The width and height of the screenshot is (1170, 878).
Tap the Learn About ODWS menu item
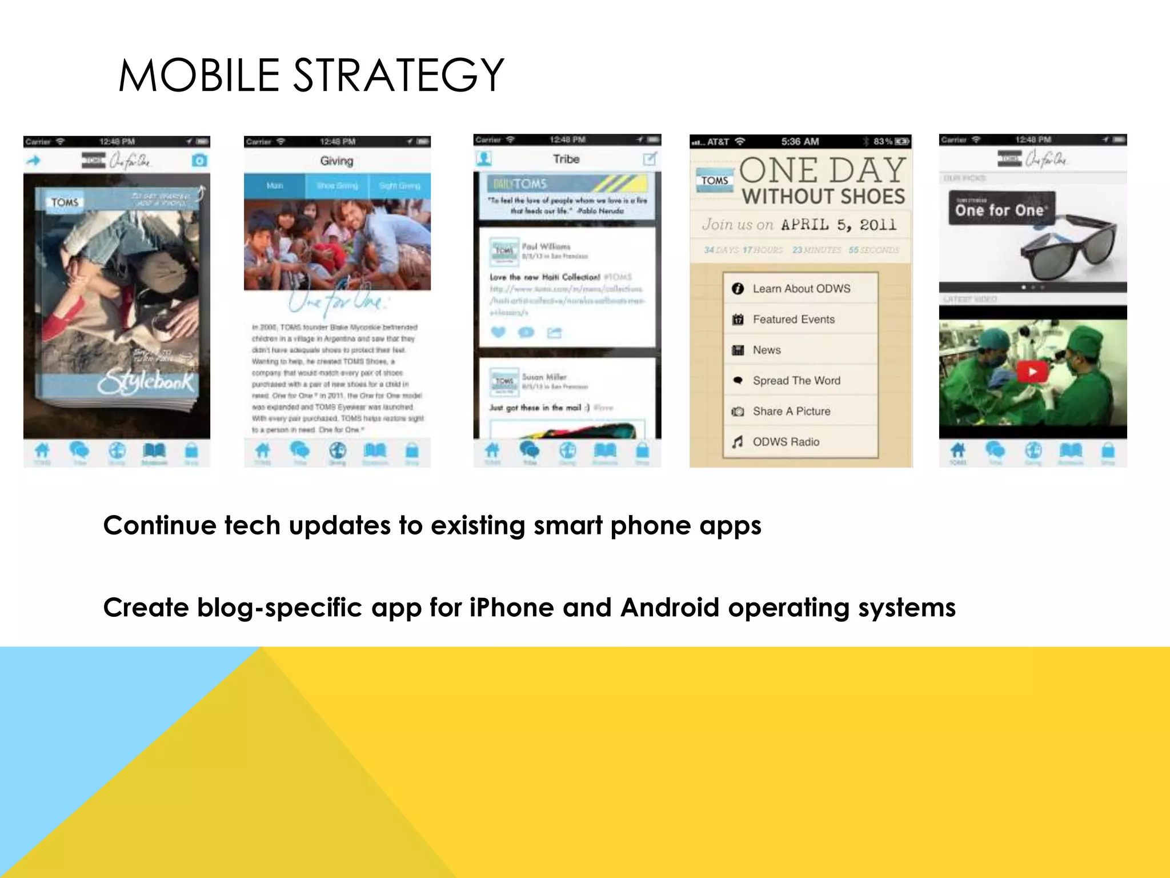pyautogui.click(x=800, y=289)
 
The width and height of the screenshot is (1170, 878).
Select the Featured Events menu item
pyautogui.click(x=793, y=320)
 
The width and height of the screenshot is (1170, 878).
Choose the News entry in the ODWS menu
pyautogui.click(x=766, y=350)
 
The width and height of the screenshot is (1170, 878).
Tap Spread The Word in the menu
pyautogui.click(x=796, y=381)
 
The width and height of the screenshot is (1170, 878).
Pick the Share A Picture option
pyautogui.click(x=791, y=411)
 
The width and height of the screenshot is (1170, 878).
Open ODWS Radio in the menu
pyautogui.click(x=786, y=442)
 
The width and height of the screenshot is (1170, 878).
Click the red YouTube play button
pyautogui.click(x=1032, y=372)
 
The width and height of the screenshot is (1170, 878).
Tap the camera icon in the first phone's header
pyautogui.click(x=199, y=161)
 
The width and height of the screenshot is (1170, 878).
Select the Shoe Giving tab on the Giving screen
pyautogui.click(x=337, y=186)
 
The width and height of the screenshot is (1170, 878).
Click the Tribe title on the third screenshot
pyautogui.click(x=566, y=159)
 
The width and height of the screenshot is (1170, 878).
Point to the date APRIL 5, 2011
pyautogui.click(x=839, y=225)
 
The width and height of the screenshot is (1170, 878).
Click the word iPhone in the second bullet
pyautogui.click(x=511, y=607)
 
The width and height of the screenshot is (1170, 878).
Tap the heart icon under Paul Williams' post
pyautogui.click(x=498, y=332)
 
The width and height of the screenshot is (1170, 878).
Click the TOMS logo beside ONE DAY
pyautogui.click(x=714, y=181)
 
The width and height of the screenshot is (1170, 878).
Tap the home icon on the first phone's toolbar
pyautogui.click(x=42, y=451)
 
